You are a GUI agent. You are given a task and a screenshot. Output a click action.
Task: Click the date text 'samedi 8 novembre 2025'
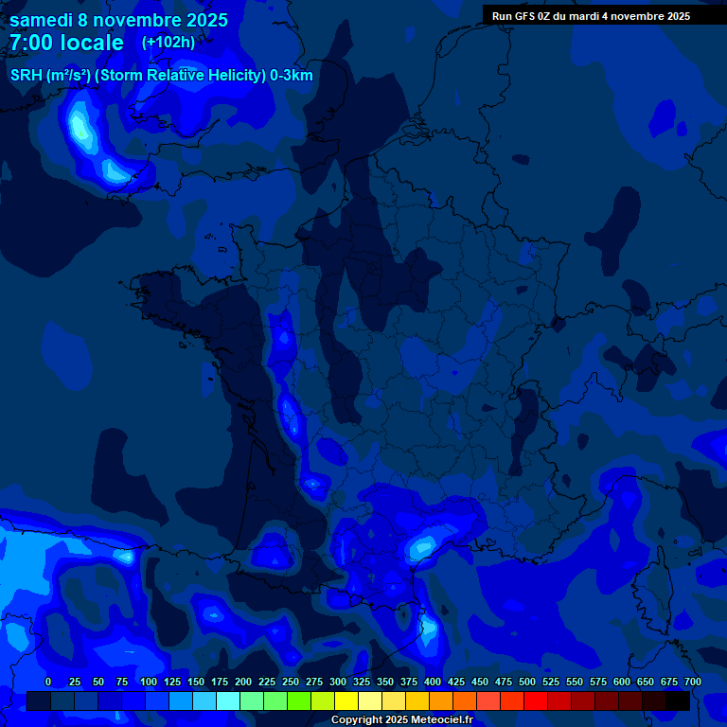click(x=118, y=20)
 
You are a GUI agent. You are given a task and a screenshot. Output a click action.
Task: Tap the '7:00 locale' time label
click(x=66, y=44)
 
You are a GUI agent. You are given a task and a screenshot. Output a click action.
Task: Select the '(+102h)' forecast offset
click(x=168, y=43)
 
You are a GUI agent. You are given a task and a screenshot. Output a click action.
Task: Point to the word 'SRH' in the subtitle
click(x=26, y=76)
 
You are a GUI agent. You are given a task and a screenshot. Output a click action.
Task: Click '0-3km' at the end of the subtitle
click(x=292, y=76)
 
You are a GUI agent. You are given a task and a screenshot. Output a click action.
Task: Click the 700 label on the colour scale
click(x=692, y=682)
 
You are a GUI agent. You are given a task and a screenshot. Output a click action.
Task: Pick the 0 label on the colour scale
click(x=48, y=682)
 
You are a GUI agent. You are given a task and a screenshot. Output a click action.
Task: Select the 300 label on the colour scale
click(x=338, y=682)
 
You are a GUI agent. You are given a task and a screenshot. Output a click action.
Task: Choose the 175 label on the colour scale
click(x=220, y=682)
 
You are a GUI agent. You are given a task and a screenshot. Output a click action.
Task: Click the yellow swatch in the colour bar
click(x=346, y=700)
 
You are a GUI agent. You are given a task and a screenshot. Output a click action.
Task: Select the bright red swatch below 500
click(x=536, y=700)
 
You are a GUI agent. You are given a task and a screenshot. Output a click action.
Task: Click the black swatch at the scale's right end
click(x=678, y=700)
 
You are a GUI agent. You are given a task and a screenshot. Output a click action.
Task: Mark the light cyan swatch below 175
click(x=228, y=700)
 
